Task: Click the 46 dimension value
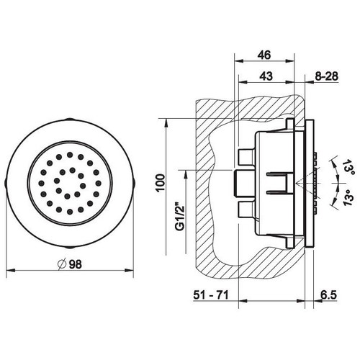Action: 264,55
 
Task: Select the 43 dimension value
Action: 266,76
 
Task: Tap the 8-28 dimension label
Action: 326,76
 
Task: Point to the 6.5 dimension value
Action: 328,295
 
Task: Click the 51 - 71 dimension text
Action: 211,295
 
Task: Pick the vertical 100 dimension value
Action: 160,183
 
